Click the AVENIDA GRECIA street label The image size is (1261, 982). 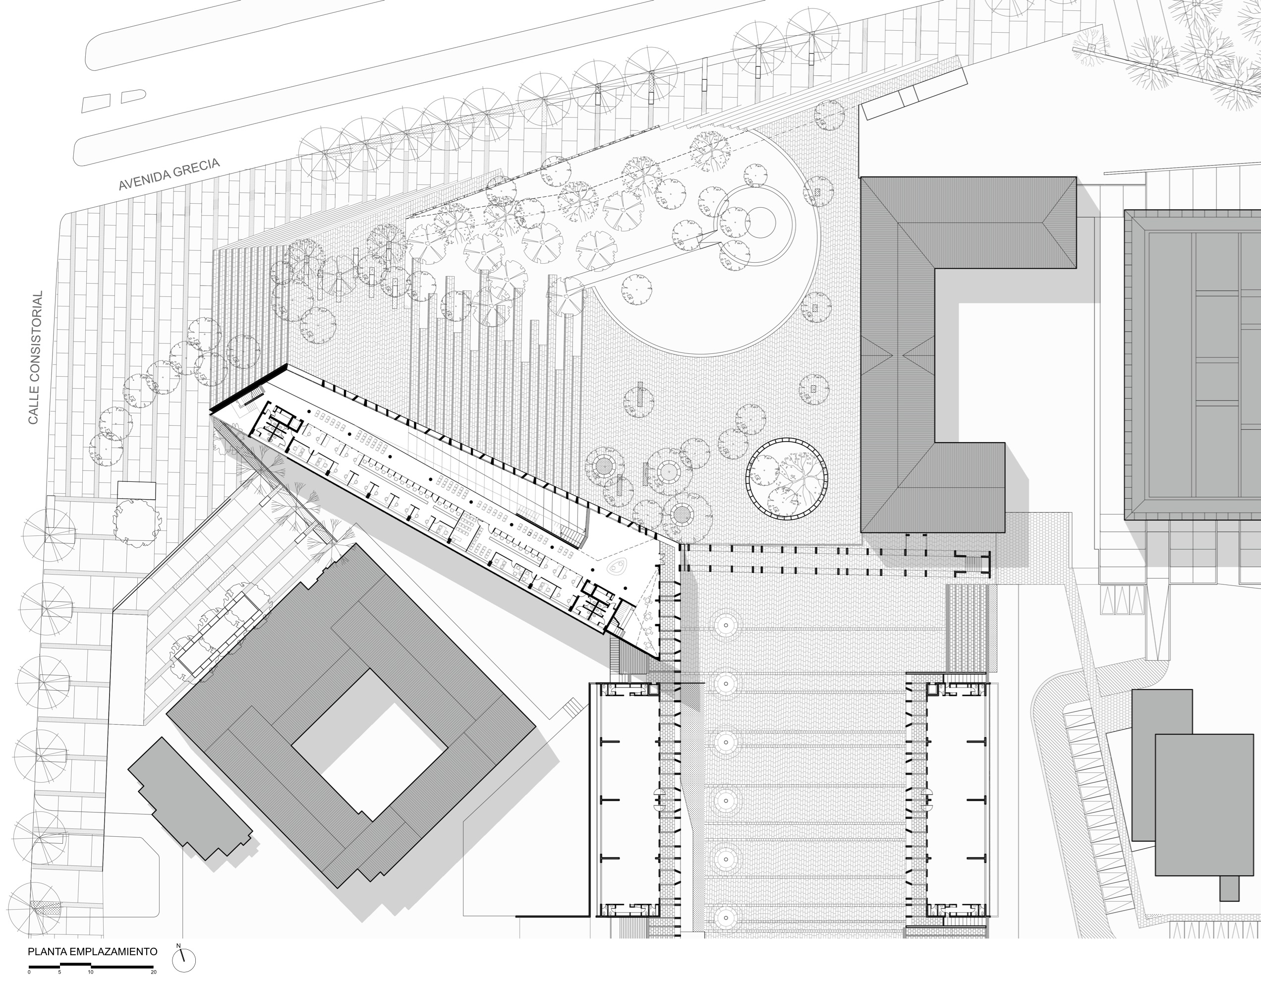pos(169,174)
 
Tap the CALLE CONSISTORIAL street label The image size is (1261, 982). pos(36,357)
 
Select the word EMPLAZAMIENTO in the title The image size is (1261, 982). pos(113,951)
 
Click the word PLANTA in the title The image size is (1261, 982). pos(48,951)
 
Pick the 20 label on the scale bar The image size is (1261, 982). pos(154,972)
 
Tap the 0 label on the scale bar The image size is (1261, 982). pos(29,972)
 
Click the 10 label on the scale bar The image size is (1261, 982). pos(91,972)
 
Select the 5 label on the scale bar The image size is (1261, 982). pos(59,972)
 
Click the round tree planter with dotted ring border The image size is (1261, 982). pos(787,477)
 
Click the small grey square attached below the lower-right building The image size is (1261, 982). pos(1229,888)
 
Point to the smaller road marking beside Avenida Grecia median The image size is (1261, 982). pos(133,96)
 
